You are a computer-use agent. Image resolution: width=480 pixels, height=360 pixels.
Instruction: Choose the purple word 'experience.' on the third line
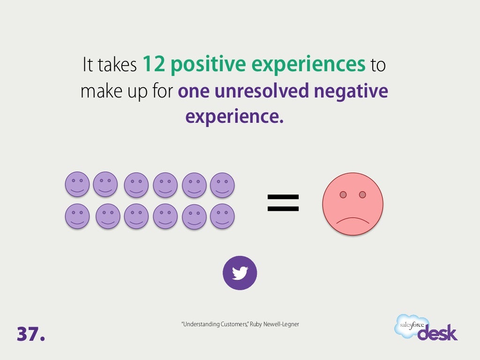[x=234, y=117]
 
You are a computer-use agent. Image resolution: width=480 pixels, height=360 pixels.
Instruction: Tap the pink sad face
[x=352, y=203]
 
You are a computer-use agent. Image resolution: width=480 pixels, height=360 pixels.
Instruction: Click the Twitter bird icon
[x=240, y=273]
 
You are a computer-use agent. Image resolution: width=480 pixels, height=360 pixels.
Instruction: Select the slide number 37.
[x=31, y=333]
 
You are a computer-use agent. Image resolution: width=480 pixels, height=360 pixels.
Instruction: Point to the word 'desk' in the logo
[x=437, y=332]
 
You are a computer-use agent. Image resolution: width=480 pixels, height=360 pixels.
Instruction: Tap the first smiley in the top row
[x=77, y=184]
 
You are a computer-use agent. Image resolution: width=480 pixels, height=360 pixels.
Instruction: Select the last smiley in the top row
[x=222, y=185]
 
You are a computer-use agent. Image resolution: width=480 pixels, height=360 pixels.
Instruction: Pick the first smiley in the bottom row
[x=77, y=216]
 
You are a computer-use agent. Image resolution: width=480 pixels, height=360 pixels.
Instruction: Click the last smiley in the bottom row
[x=222, y=216]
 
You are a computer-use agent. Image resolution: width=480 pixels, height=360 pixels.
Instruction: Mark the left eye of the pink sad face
[x=343, y=195]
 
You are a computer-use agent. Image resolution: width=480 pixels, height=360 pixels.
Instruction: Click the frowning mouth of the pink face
[x=352, y=220]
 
